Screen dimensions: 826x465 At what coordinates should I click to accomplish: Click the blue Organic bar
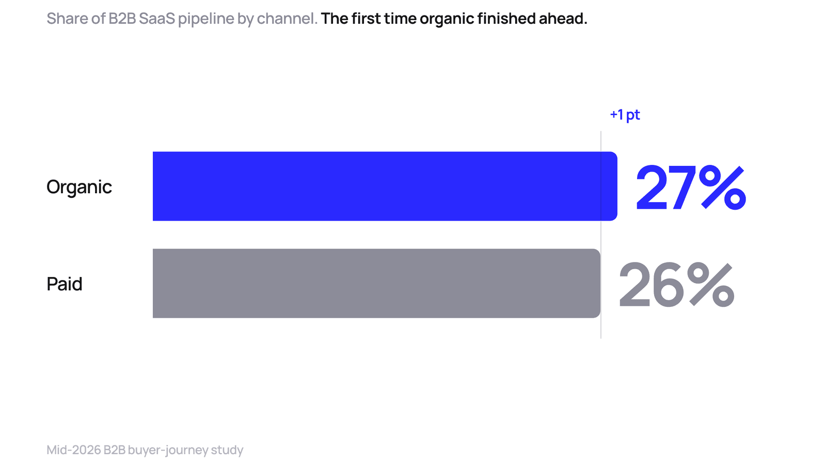(385, 186)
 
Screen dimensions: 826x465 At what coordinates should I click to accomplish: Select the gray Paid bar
(376, 283)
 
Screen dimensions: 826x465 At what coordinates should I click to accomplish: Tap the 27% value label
(691, 187)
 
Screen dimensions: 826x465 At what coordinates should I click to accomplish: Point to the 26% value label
(677, 285)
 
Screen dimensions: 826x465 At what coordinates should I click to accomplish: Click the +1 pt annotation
(625, 115)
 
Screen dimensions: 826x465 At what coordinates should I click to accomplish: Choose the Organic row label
(79, 187)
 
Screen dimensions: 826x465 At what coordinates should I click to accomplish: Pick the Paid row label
(64, 284)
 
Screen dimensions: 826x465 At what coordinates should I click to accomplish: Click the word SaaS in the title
(157, 19)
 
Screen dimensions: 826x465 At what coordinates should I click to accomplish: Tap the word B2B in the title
(122, 19)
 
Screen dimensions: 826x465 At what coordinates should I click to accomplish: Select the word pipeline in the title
(206, 19)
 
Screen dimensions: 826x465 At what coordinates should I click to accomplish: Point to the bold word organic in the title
(447, 19)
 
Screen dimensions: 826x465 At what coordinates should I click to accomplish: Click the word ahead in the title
(563, 19)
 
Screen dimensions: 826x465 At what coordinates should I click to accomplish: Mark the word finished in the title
(506, 19)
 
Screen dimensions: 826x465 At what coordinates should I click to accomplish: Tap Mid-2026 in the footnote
(73, 450)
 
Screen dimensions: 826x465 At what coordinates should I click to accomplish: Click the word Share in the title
(67, 19)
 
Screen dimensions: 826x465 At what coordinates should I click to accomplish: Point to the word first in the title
(366, 19)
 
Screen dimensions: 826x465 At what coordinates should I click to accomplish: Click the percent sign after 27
(723, 188)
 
